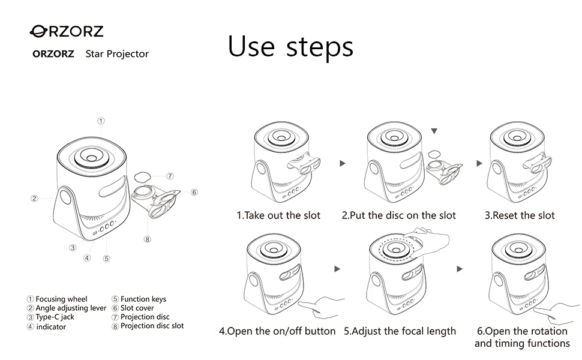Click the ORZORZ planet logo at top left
(66, 31)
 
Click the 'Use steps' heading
(290, 47)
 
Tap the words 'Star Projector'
(117, 54)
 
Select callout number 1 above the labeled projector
(101, 121)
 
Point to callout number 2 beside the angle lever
(34, 198)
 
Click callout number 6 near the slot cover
(194, 192)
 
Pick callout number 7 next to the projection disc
(170, 176)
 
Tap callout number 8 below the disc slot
(148, 239)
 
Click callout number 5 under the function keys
(107, 259)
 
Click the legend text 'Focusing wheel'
(61, 299)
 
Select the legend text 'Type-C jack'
(55, 317)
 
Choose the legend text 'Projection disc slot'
(152, 326)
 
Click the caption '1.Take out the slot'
(278, 215)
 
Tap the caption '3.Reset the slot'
(520, 215)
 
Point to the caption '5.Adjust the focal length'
(400, 331)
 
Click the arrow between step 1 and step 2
(343, 163)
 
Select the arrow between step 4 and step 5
(337, 269)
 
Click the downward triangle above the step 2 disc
(434, 131)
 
